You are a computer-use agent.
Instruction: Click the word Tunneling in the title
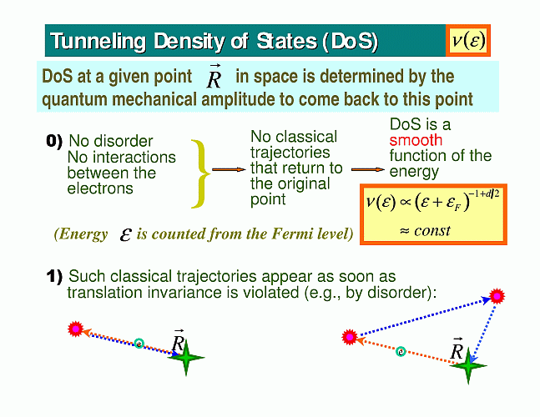click(98, 42)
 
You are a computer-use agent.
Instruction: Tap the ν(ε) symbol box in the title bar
click(468, 40)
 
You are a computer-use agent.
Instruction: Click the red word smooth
click(416, 140)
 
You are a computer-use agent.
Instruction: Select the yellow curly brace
click(200, 173)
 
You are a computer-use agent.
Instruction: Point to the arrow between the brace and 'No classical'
click(229, 169)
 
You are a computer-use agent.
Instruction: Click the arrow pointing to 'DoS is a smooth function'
click(368, 169)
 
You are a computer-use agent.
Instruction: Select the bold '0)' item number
click(54, 141)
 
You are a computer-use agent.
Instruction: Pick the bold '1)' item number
click(54, 276)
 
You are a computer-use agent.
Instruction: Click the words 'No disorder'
click(111, 141)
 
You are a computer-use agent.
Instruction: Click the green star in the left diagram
click(186, 358)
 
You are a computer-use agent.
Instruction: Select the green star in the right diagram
click(468, 365)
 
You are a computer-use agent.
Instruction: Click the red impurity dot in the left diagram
click(76, 329)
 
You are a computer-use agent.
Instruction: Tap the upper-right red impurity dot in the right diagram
click(497, 296)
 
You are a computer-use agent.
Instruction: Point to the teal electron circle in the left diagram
click(139, 344)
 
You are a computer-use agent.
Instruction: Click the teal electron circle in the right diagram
click(401, 352)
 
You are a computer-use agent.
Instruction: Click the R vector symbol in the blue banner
click(214, 77)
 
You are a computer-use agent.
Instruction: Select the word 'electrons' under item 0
click(100, 188)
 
